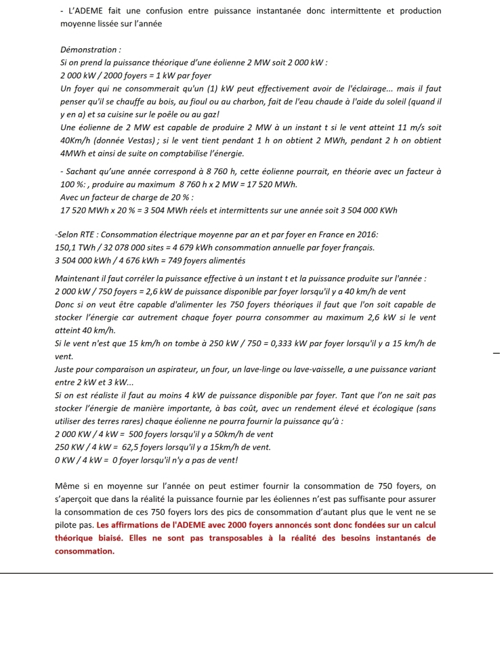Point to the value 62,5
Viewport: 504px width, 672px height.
[130, 447]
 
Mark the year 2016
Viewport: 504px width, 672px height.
[367, 235]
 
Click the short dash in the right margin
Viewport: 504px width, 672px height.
[497, 353]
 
